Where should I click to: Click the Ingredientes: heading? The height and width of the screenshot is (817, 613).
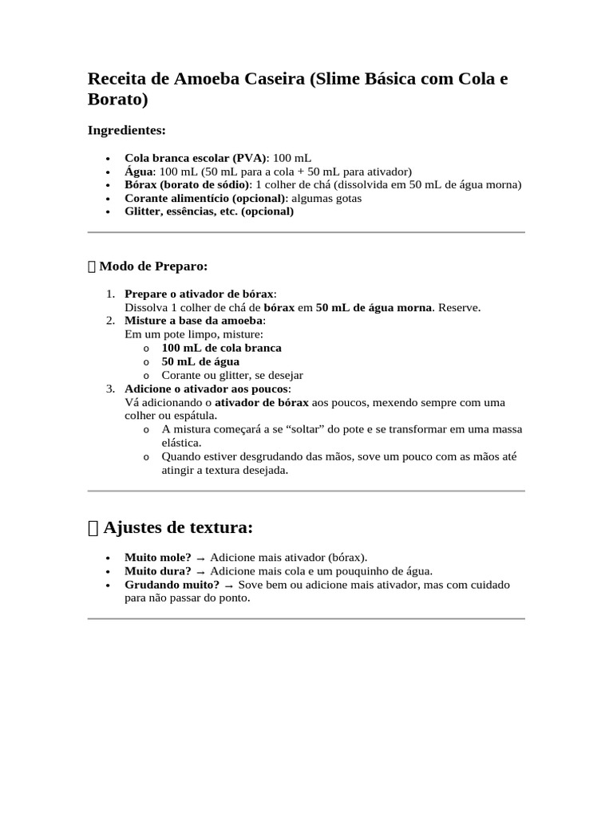coord(126,130)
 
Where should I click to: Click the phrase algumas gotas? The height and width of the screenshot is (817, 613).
coord(326,199)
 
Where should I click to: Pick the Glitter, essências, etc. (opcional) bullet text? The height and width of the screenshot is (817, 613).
coord(209,212)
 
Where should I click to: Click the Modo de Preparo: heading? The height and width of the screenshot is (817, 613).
coord(152,266)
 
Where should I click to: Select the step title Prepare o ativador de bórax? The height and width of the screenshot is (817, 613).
coord(199,294)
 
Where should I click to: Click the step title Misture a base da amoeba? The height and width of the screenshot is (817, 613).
coord(194,321)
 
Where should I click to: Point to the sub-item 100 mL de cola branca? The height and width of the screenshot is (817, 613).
coord(221,348)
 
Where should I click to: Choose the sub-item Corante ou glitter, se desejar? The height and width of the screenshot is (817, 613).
coord(231,375)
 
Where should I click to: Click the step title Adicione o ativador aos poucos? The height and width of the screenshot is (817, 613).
coord(207,389)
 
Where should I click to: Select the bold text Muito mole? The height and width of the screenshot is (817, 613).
coord(157,558)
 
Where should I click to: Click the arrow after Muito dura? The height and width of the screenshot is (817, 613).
coord(200,572)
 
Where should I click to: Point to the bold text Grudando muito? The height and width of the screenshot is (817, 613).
coord(172,585)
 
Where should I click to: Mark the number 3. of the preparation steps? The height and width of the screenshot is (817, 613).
coord(110,389)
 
